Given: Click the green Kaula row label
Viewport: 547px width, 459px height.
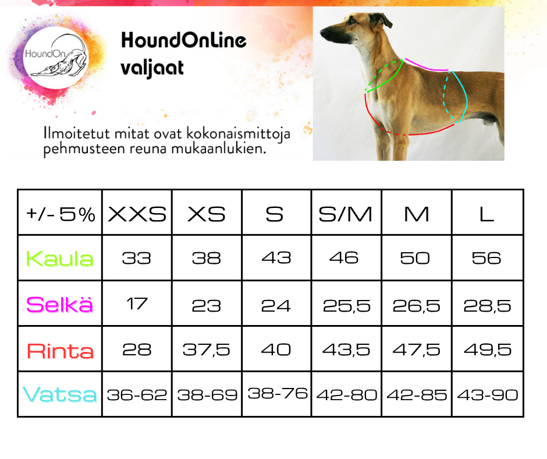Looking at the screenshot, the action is [x=60, y=259].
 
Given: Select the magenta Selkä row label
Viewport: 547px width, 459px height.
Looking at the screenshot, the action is [x=60, y=304].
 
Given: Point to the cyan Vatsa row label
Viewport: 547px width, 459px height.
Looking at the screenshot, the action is [x=60, y=394].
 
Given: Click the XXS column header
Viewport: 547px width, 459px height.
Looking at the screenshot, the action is [x=137, y=214].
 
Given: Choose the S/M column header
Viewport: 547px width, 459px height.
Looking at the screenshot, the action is [x=345, y=214].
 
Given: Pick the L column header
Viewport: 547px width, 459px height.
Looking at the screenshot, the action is [x=486, y=214].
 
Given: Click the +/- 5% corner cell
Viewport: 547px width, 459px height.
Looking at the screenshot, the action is [x=61, y=214].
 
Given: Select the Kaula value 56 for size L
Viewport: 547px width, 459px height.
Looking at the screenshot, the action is [x=486, y=258].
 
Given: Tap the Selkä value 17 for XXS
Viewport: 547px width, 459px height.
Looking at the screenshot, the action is [x=137, y=303].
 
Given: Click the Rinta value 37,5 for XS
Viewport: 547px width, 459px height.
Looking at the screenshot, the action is [x=207, y=349].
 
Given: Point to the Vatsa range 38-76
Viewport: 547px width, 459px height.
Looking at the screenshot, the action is [x=278, y=393].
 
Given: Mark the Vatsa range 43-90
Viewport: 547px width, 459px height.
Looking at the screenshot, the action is [x=488, y=395].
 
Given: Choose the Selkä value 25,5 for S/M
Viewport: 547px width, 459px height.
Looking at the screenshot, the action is [x=346, y=306].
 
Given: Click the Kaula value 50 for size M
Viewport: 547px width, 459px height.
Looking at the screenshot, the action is [x=415, y=258].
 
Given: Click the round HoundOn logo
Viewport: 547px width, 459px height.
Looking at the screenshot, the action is [x=56, y=58].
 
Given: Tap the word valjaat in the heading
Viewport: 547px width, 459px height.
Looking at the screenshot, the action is [x=152, y=68].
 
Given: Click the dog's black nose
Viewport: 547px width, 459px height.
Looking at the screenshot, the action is [x=324, y=34].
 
